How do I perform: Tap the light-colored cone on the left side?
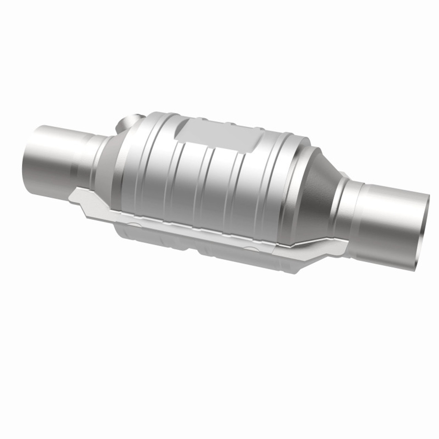103,161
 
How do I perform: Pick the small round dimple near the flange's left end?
135,225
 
